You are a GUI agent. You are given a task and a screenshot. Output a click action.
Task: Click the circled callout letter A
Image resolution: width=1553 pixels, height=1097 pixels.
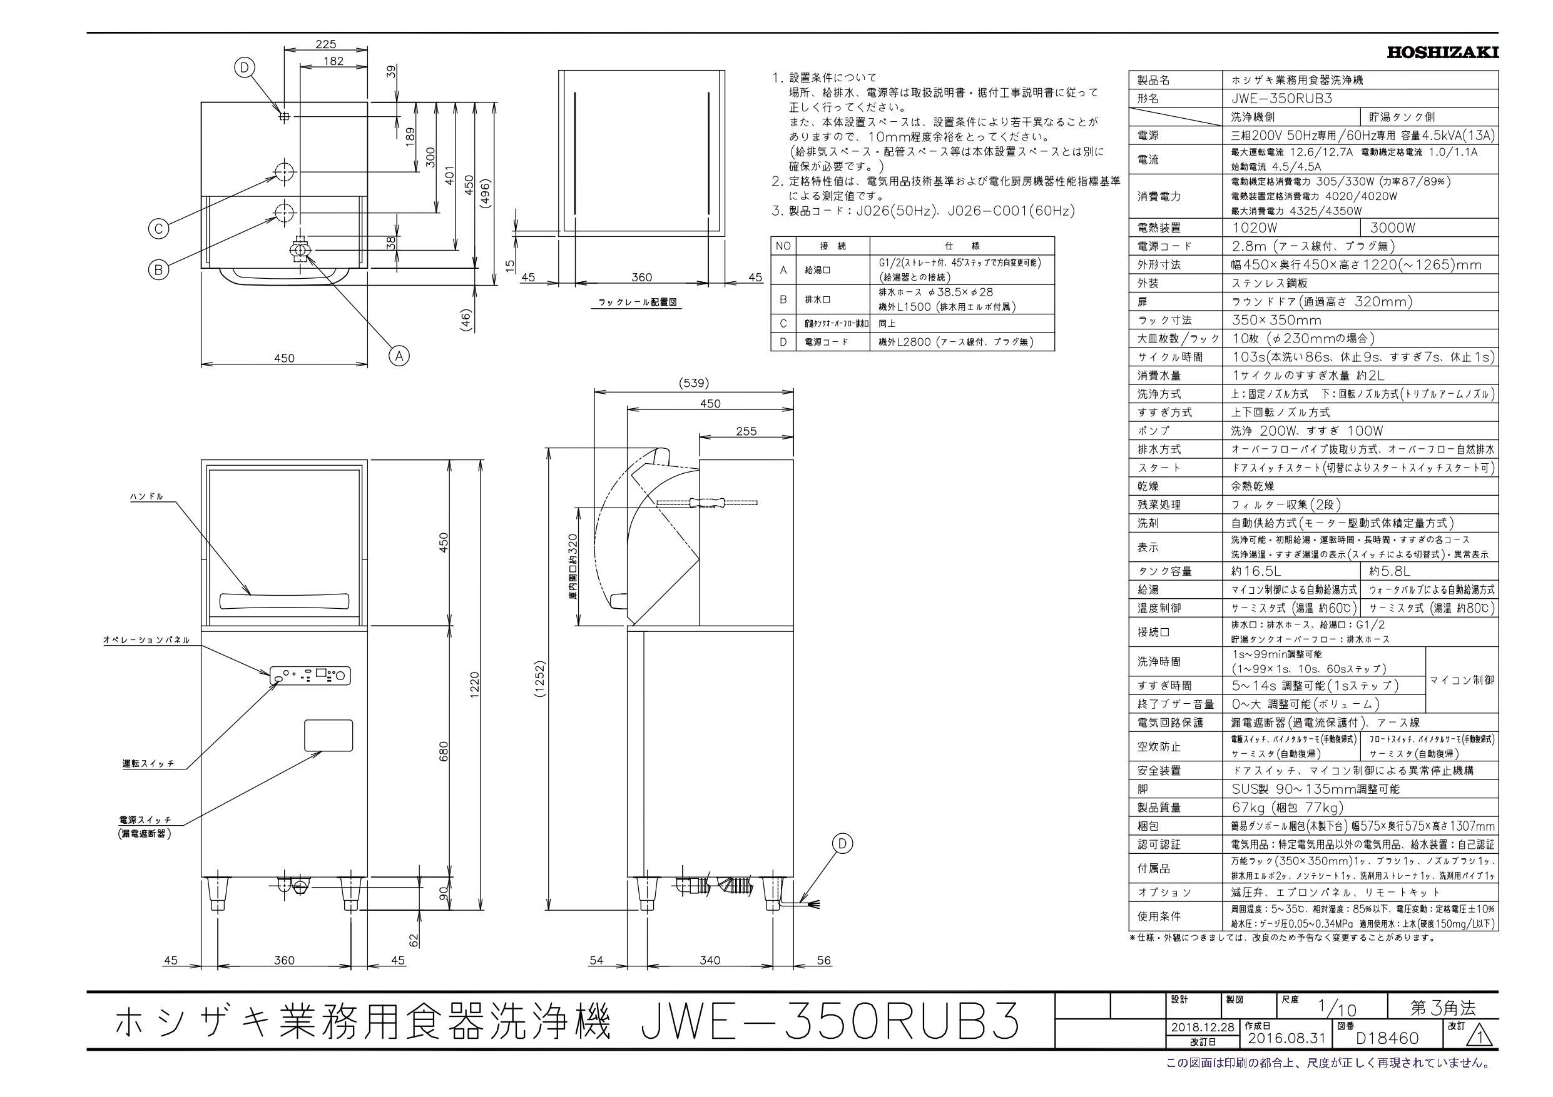[400, 355]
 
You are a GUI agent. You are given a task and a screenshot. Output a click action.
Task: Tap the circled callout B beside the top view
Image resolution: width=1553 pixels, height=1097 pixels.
[158, 269]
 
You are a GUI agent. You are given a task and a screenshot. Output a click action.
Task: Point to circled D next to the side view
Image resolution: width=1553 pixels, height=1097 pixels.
[842, 844]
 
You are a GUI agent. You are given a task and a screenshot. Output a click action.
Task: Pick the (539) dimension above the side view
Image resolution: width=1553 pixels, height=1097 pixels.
[693, 383]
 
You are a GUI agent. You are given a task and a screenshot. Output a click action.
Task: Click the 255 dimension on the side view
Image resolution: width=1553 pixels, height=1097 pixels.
[745, 431]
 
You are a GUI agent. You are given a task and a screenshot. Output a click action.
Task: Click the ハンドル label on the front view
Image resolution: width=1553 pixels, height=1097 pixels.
[147, 496]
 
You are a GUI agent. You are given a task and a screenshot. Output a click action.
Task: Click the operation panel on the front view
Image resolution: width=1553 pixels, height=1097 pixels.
[310, 674]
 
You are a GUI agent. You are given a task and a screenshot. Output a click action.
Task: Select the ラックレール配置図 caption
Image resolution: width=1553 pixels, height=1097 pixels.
[637, 304]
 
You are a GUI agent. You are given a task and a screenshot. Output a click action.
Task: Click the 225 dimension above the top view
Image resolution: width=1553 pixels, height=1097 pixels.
[325, 44]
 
